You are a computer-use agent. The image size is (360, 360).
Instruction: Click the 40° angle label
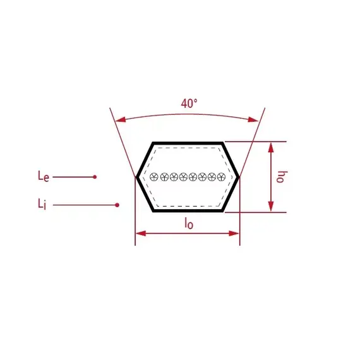pos(189,104)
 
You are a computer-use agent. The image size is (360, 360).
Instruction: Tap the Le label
pos(44,176)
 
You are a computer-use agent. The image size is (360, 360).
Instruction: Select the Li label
pos(42,204)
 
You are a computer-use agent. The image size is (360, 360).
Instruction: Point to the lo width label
pos(189,223)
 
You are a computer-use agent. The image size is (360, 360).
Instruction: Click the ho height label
pos(282,177)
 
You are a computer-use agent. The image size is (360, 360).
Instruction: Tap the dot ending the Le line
pos(95,177)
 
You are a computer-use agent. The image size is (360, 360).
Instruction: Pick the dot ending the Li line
pos(117,205)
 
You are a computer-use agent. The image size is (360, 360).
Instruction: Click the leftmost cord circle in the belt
pos(154,177)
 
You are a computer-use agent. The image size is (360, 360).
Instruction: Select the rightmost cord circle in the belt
pos(221,177)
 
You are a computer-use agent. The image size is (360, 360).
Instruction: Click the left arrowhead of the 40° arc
pos(120,119)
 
